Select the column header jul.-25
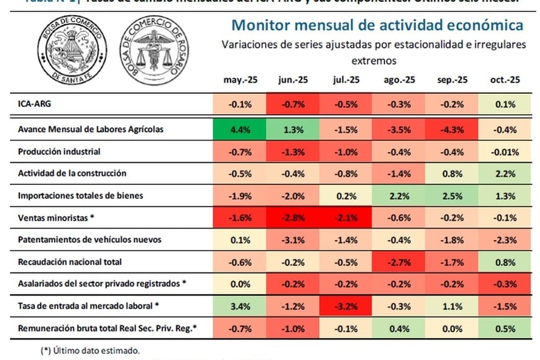tap(346, 80)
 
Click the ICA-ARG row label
tap(34, 104)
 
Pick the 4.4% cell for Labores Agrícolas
tap(240, 130)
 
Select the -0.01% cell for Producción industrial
tap(506, 151)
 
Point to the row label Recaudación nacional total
tap(70, 261)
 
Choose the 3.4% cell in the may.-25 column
tap(240, 305)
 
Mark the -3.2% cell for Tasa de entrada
tap(346, 305)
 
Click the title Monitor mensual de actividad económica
tap(377, 25)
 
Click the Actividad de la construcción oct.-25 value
tap(506, 173)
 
